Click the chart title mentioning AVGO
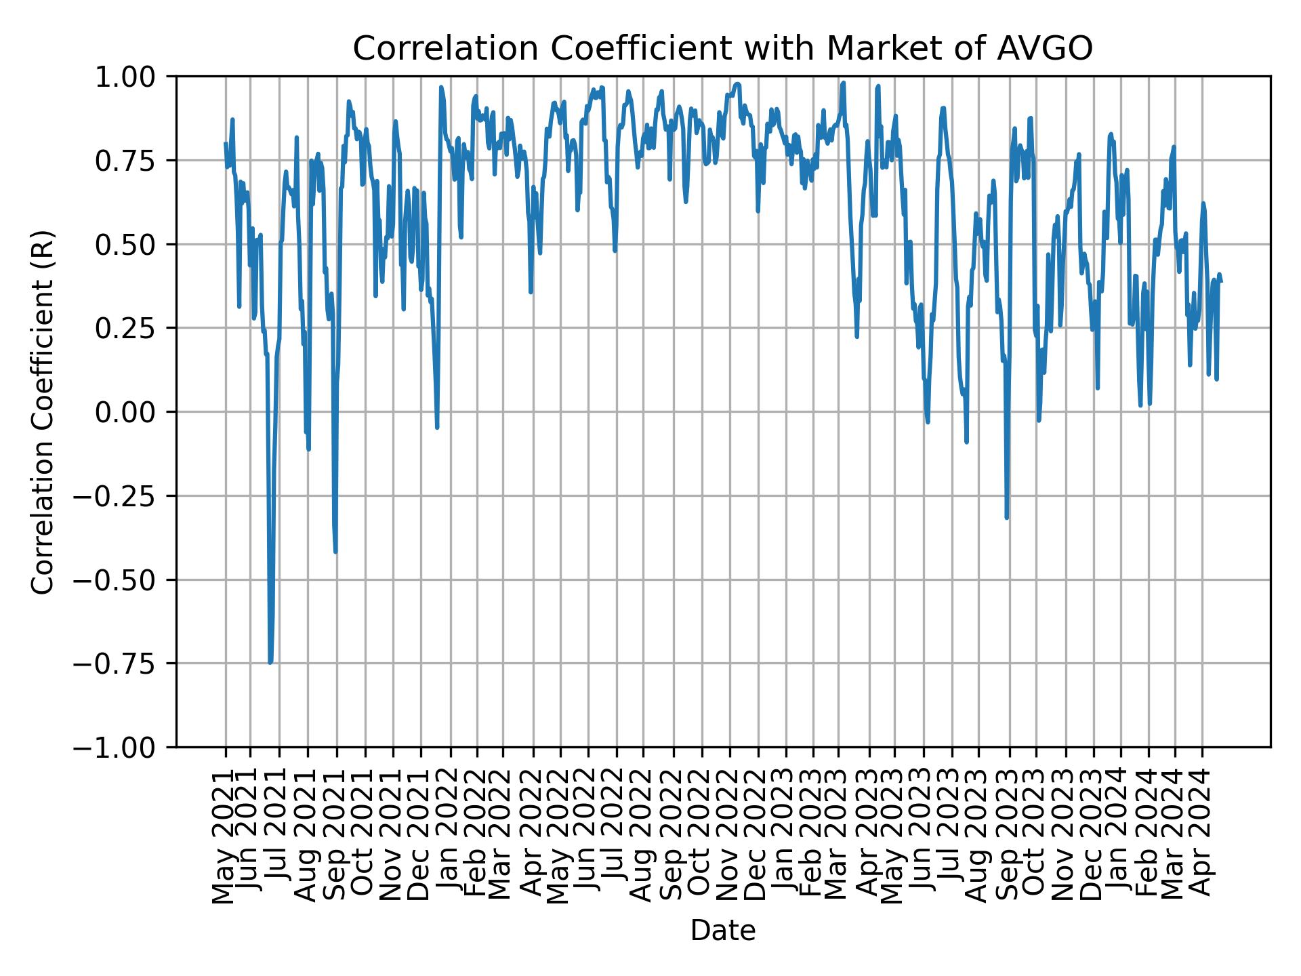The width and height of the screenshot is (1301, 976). tap(722, 49)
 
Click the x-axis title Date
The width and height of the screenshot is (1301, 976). tap(722, 931)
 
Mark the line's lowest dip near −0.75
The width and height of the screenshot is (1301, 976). tap(270, 662)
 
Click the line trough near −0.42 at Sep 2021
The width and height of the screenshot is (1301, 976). tap(335, 552)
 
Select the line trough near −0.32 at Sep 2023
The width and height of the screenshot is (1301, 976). tap(1007, 518)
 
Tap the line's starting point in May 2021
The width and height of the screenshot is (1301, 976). tap(226, 144)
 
